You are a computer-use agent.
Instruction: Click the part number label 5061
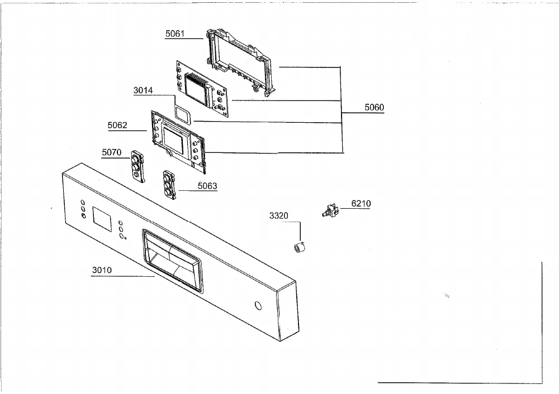tap(174, 34)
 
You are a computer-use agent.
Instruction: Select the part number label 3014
tap(143, 90)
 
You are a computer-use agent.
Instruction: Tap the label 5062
tap(117, 125)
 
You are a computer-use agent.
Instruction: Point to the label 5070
tap(112, 152)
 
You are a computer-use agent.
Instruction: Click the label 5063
tap(207, 186)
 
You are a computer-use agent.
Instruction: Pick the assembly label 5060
tap(375, 108)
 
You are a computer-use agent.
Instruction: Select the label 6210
tap(361, 204)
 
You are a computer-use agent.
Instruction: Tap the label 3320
tap(279, 215)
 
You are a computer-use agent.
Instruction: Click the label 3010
tap(102, 270)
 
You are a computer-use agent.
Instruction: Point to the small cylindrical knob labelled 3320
tap(300, 247)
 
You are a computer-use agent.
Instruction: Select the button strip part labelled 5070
tap(138, 166)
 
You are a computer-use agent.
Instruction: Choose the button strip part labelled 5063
tap(169, 185)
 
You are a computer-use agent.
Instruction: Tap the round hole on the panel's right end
tap(258, 306)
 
